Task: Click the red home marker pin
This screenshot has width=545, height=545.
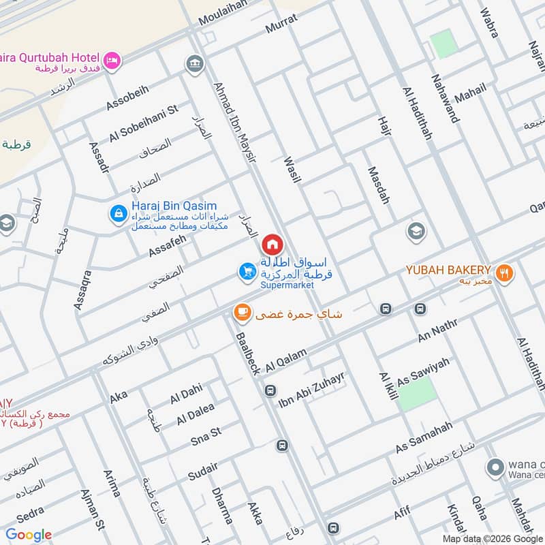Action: (272, 244)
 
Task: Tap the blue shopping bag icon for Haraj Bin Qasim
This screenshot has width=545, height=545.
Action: (119, 214)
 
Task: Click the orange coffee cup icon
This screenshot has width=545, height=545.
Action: (241, 313)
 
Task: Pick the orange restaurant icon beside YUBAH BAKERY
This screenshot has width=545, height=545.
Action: (504, 273)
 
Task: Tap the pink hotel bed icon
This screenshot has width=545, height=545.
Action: (112, 61)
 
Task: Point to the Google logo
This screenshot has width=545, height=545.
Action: (29, 535)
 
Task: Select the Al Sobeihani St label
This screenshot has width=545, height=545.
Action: (143, 123)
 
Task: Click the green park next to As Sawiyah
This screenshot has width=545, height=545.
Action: (416, 394)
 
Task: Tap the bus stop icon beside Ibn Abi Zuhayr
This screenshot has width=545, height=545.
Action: (270, 391)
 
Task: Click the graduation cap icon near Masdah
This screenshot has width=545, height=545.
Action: (416, 232)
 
